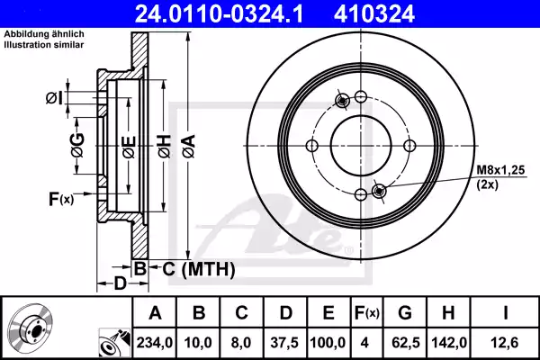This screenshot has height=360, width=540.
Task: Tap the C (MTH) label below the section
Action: click(199, 268)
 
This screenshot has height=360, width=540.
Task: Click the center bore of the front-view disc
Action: click(359, 145)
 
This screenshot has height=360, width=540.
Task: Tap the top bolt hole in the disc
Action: click(360, 97)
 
